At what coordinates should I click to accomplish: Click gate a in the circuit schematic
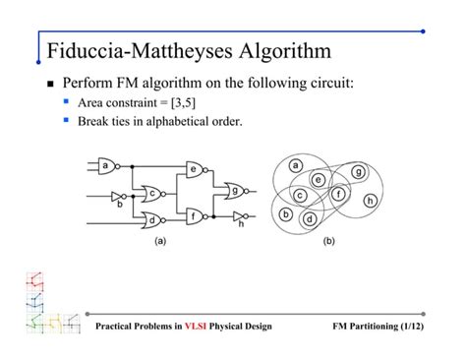105,166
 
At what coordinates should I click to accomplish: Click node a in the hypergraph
296,164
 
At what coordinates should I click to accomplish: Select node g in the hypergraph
358,172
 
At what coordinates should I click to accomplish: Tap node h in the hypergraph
370,201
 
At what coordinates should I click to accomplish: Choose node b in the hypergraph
286,214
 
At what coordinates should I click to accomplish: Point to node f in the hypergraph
338,195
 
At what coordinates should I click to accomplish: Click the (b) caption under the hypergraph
328,240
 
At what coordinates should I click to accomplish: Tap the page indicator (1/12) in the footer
402,326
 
